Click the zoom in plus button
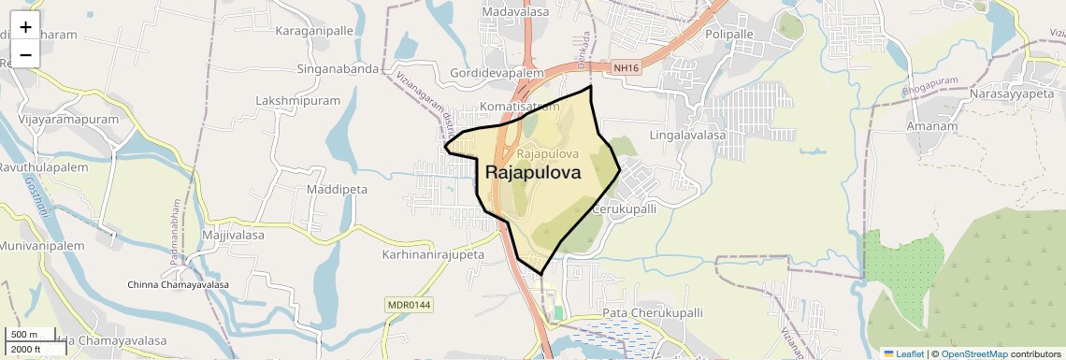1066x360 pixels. coord(25,27)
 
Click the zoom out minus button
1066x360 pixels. coord(25,54)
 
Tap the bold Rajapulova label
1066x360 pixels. coord(533,173)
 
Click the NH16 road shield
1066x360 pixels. coord(624,67)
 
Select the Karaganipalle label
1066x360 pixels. coord(314,31)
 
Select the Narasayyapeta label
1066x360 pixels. coord(1011,94)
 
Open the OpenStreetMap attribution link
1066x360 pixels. coord(973,354)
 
